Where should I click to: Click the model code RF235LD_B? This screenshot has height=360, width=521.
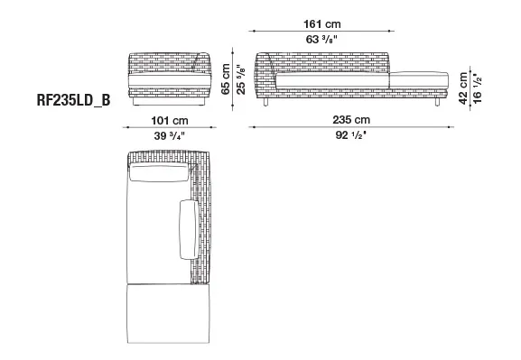click(73, 100)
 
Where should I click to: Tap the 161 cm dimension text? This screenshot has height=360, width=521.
click(322, 24)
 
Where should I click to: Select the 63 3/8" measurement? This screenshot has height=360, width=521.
click(321, 40)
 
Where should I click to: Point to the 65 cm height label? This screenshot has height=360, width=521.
click(226, 79)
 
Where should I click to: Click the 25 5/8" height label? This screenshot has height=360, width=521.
click(241, 79)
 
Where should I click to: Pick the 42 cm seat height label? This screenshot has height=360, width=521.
click(463, 88)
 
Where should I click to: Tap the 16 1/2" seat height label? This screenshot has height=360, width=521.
click(477, 88)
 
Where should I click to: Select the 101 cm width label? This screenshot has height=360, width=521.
click(170, 120)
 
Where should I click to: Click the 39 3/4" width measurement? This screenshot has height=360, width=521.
click(169, 135)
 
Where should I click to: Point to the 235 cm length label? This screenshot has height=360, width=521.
click(351, 120)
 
